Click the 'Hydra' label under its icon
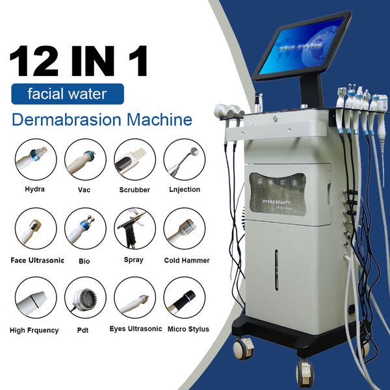(35, 190)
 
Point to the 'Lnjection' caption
(182, 190)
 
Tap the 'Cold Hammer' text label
(187, 260)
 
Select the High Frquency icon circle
(36, 298)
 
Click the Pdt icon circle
(84, 298)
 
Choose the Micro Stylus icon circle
(185, 298)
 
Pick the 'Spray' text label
(135, 260)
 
